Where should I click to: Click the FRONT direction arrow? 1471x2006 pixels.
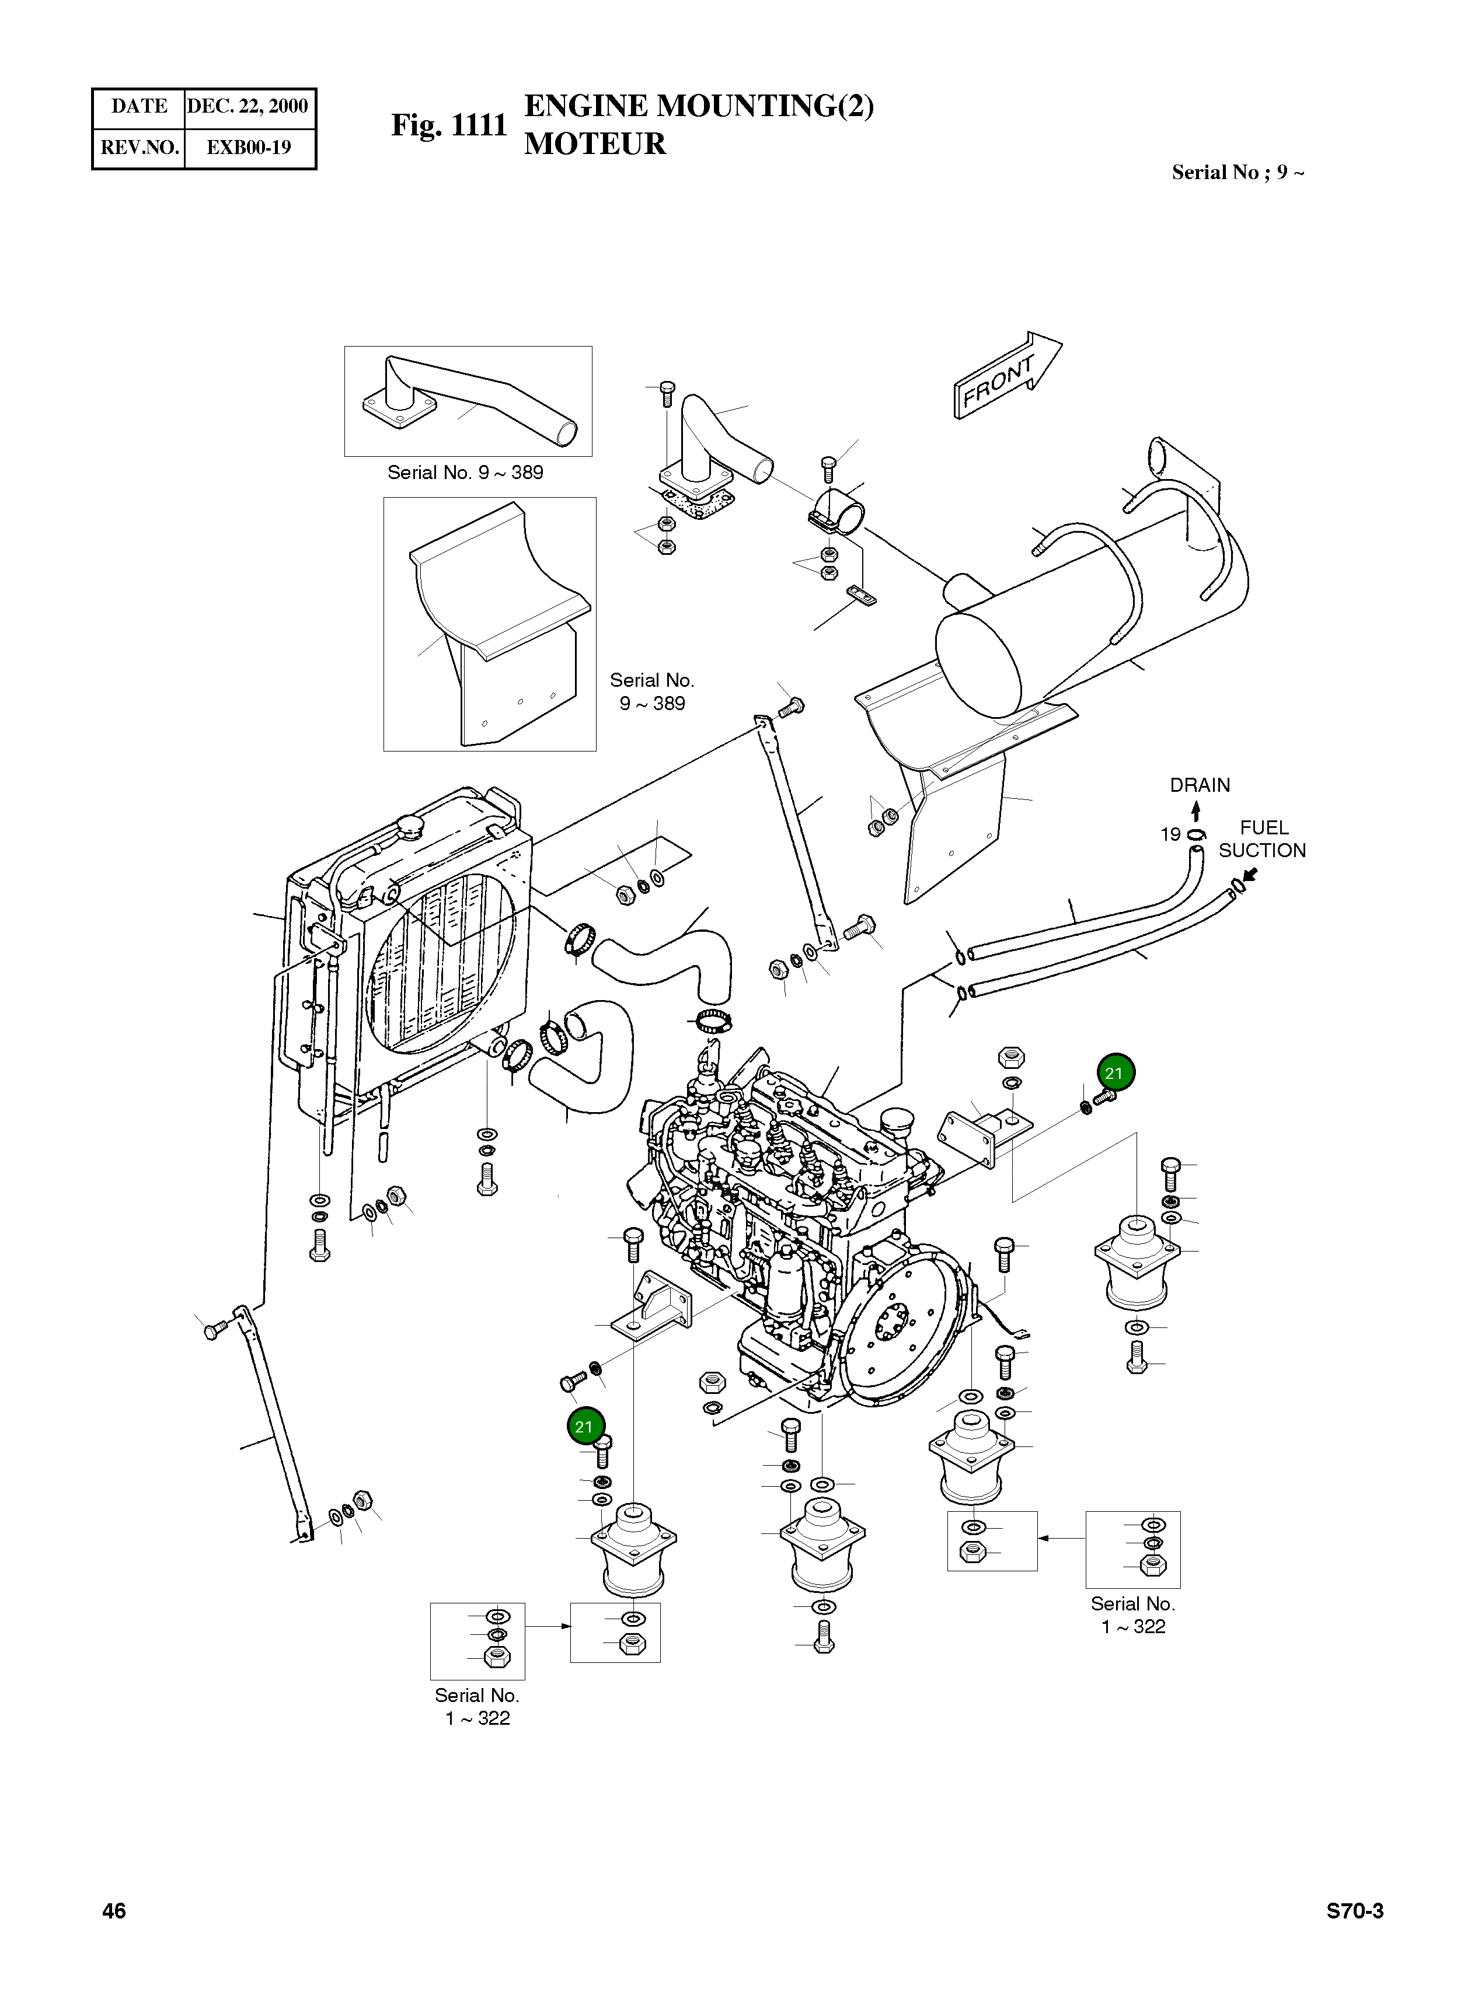pyautogui.click(x=1006, y=378)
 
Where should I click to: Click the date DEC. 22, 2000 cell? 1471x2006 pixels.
pyautogui.click(x=248, y=107)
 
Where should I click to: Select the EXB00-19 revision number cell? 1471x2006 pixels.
pyautogui.click(x=249, y=148)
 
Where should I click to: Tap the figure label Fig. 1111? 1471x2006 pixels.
pyautogui.click(x=449, y=125)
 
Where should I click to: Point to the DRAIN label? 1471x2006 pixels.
pyautogui.click(x=1200, y=785)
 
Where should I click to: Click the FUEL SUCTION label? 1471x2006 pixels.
pyautogui.click(x=1262, y=838)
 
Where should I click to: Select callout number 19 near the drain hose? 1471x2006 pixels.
pyautogui.click(x=1170, y=834)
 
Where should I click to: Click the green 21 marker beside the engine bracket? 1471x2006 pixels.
pyautogui.click(x=1115, y=1072)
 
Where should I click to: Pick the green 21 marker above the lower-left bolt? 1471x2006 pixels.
pyautogui.click(x=584, y=1427)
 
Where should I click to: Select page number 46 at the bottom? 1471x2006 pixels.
pyautogui.click(x=114, y=1911)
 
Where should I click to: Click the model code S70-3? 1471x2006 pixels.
pyautogui.click(x=1354, y=1911)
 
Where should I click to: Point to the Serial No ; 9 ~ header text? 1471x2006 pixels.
pyautogui.click(x=1238, y=173)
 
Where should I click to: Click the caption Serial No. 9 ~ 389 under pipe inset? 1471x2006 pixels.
pyautogui.click(x=465, y=473)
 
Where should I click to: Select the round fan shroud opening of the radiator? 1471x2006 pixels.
pyautogui.click(x=441, y=952)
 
